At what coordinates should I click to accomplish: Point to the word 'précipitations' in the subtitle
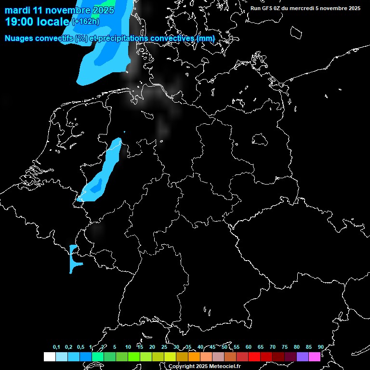click(x=123, y=38)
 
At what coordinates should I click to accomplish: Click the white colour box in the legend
click(x=50, y=357)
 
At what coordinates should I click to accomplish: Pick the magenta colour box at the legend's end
click(x=315, y=357)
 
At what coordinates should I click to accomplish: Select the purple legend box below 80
click(x=303, y=357)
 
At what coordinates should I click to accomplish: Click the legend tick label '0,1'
click(x=56, y=347)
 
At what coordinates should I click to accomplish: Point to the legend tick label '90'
click(x=320, y=347)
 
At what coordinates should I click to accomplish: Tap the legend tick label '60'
click(x=248, y=347)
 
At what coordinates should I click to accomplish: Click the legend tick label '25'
click(x=164, y=347)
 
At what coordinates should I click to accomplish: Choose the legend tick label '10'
click(x=128, y=347)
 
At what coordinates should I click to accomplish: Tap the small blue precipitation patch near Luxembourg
click(x=73, y=258)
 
